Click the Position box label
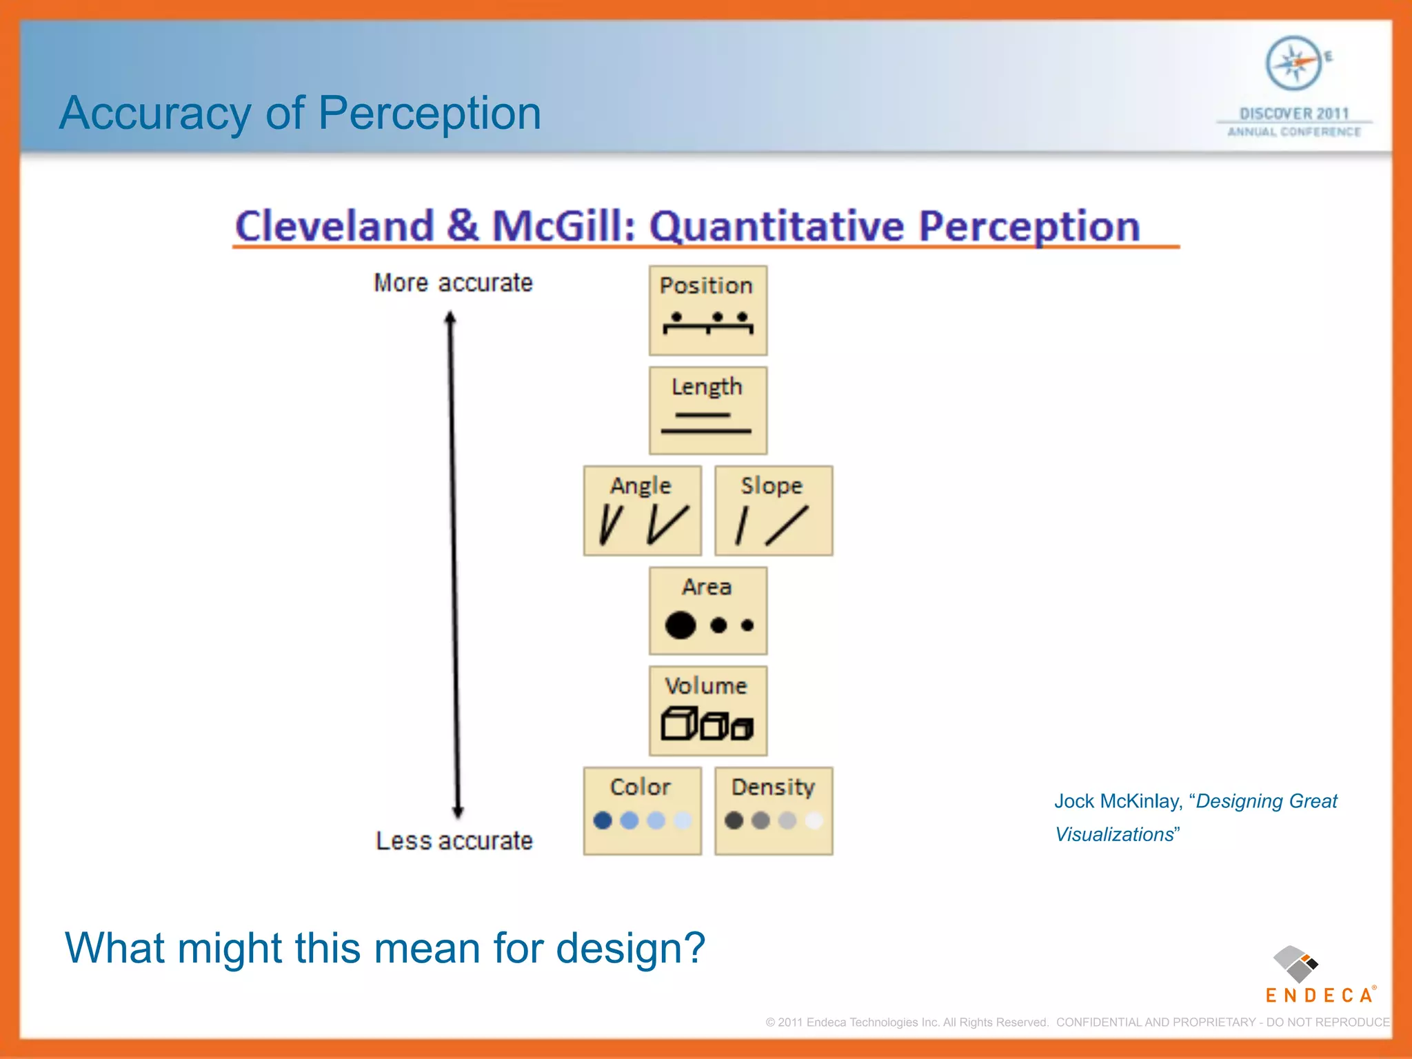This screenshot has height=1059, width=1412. pyautogui.click(x=706, y=285)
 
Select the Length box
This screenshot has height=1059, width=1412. pyautogui.click(x=707, y=410)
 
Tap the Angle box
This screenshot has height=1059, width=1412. pyautogui.click(x=642, y=511)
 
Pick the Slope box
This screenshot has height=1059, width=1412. pyautogui.click(x=774, y=511)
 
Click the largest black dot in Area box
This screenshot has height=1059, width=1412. pyautogui.click(x=680, y=625)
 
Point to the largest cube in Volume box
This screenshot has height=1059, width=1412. pyautogui.click(x=678, y=723)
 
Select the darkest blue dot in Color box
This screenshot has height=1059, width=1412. pyautogui.click(x=603, y=820)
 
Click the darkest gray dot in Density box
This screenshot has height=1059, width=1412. pyautogui.click(x=734, y=820)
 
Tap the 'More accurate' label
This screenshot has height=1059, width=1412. pyautogui.click(x=453, y=283)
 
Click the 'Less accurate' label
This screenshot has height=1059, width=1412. pyautogui.click(x=454, y=840)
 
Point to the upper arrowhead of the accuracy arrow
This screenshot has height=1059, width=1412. pyautogui.click(x=450, y=319)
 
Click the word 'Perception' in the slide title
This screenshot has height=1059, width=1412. pyautogui.click(x=430, y=113)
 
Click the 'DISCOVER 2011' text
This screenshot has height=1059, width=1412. pyautogui.click(x=1294, y=114)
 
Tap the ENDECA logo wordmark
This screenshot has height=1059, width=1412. pyautogui.click(x=1319, y=995)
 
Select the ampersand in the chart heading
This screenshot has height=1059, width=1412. pyautogui.click(x=462, y=225)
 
